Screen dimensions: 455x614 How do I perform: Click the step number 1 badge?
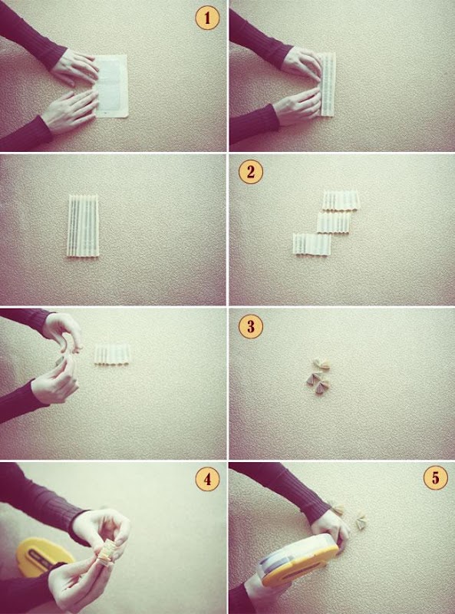pos(207,18)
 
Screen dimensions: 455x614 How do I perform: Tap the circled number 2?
pos(251,172)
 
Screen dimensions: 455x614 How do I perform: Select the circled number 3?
pos(251,326)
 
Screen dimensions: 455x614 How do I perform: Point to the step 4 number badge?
pos(207,478)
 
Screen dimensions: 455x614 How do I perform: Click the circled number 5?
pos(435,477)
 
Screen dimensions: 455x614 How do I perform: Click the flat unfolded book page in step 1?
pos(111,86)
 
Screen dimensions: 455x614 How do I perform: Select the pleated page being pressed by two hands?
pos(328,84)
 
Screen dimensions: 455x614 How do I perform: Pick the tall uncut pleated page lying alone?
pos(83,226)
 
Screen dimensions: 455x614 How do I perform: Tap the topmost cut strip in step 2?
pos(341,200)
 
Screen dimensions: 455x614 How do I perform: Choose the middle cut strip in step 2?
pos(334,223)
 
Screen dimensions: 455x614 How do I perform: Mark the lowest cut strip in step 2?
pos(312,244)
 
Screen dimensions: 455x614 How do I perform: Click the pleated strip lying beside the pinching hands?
pos(112,354)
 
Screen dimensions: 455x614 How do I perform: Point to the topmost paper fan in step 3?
pos(323,365)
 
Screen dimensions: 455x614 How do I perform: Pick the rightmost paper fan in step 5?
pos(361,521)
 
